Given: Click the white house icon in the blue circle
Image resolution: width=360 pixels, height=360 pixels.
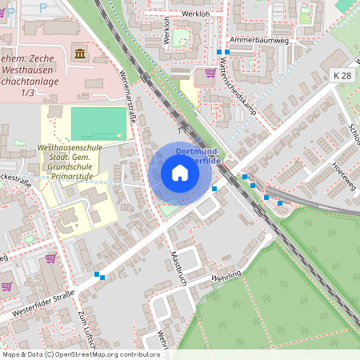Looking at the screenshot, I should coord(179,173).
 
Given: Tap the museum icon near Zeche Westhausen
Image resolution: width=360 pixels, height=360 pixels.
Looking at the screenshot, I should coord(80,53).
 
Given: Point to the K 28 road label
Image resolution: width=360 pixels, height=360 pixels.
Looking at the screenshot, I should coord(342,74).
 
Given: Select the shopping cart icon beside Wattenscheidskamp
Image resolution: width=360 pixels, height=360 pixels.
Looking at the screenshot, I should coord(210,73).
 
